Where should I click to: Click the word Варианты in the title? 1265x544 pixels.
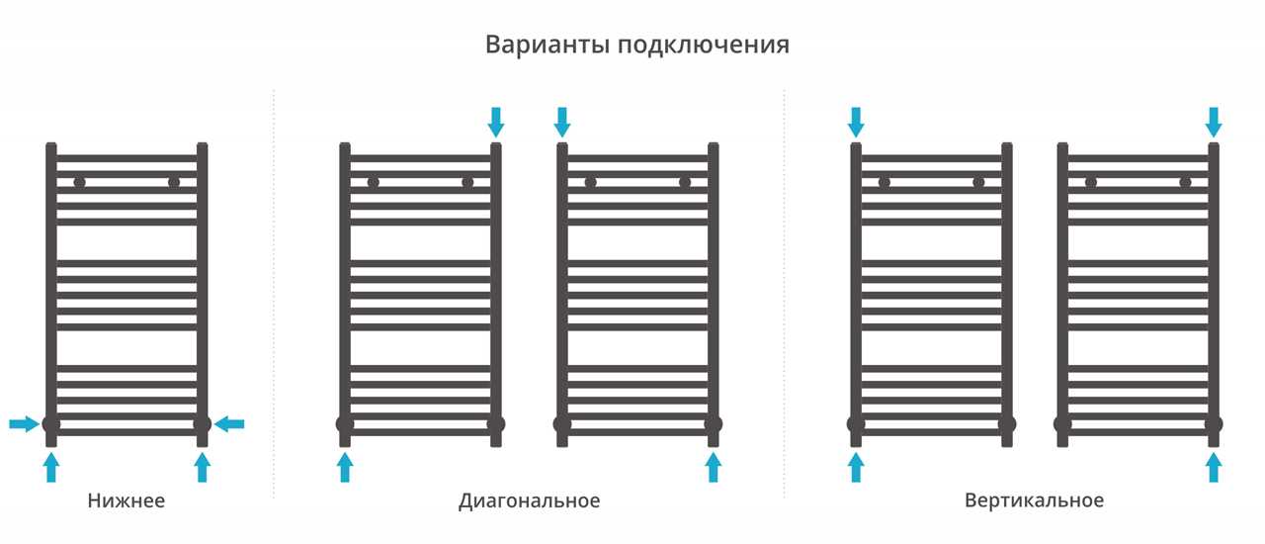click(548, 45)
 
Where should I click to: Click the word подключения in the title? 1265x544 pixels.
click(703, 45)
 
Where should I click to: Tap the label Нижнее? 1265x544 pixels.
click(126, 500)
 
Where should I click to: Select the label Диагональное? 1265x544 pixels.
click(529, 501)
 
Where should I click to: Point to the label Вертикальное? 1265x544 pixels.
click(1034, 500)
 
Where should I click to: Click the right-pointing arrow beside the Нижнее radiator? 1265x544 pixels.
click(25, 423)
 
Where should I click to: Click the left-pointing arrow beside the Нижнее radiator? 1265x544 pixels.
click(229, 423)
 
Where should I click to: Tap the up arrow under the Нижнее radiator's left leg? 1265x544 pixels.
click(50, 468)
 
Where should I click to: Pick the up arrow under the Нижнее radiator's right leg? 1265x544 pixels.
click(203, 468)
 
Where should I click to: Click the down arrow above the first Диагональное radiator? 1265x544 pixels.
click(496, 122)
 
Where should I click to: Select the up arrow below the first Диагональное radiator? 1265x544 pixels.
click(345, 468)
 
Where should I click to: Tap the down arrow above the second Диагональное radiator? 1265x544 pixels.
click(562, 122)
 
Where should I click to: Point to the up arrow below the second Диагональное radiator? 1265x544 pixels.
click(714, 468)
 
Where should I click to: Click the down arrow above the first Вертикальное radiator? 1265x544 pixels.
click(856, 122)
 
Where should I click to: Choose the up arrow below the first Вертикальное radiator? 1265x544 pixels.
click(856, 468)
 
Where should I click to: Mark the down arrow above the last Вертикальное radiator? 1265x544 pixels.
click(1214, 122)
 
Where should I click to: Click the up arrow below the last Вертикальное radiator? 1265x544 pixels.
click(1214, 468)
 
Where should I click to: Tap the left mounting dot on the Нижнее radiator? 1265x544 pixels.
click(80, 183)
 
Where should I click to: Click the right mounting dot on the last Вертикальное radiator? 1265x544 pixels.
click(1185, 183)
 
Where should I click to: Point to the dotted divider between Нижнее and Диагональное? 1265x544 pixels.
click(274, 294)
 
